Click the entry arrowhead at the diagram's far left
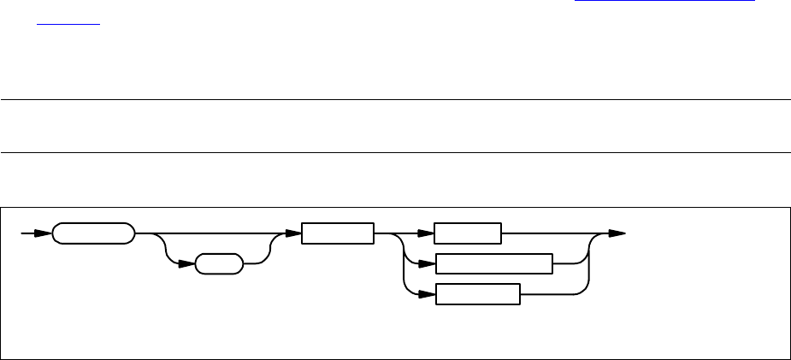[44, 233]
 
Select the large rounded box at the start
[93, 233]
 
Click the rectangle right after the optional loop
[337, 233]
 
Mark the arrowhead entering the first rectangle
[293, 233]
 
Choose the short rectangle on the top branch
[467, 233]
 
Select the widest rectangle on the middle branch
[493, 263]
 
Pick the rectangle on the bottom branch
[477, 294]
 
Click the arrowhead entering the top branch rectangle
[427, 233]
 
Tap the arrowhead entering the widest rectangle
[427, 263]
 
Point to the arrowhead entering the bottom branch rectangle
[427, 294]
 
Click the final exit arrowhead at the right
[617, 233]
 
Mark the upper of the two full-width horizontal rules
[395, 100]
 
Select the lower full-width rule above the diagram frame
[395, 153]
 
